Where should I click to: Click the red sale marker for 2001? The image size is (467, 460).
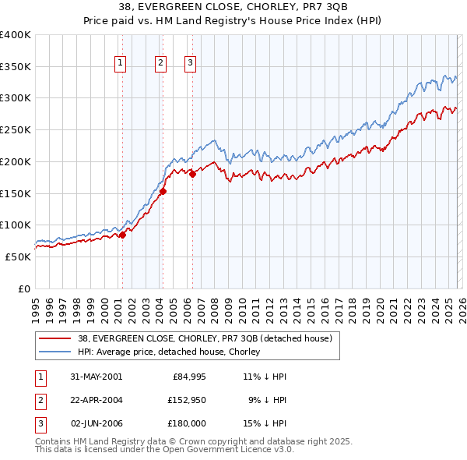(x=122, y=235)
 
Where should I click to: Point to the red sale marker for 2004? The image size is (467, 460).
(x=163, y=191)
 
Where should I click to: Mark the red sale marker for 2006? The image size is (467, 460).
(x=192, y=174)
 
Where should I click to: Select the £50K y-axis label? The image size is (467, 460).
(x=18, y=257)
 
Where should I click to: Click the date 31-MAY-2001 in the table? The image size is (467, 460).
(x=96, y=376)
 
